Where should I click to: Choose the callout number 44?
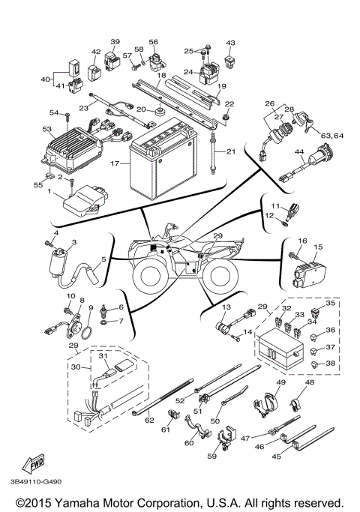tap(298, 151)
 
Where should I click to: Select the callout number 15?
tap(317, 246)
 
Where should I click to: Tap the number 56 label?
tap(153, 42)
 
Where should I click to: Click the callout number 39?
tap(115, 41)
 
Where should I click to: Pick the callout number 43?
tap(230, 43)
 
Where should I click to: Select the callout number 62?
tap(148, 421)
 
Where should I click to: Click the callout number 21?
tap(230, 152)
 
